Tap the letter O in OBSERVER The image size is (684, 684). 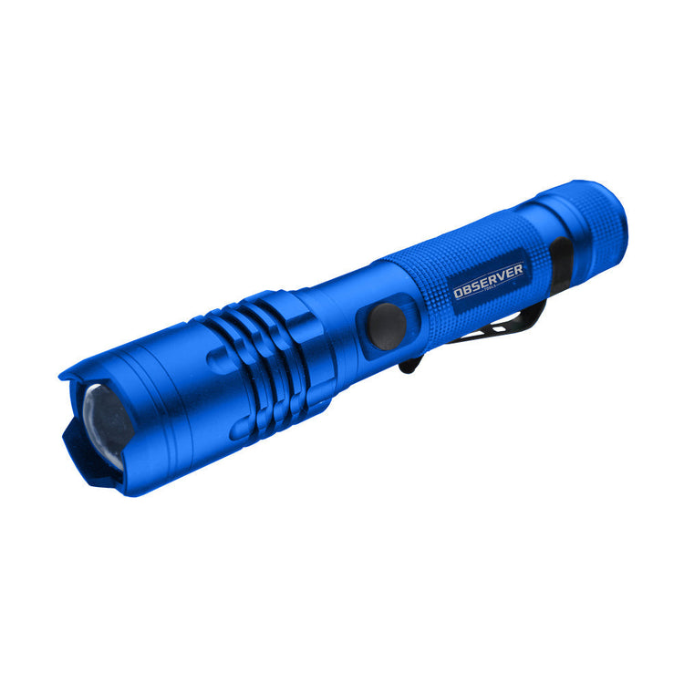tap(460, 294)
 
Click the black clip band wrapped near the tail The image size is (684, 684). tap(559, 260)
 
